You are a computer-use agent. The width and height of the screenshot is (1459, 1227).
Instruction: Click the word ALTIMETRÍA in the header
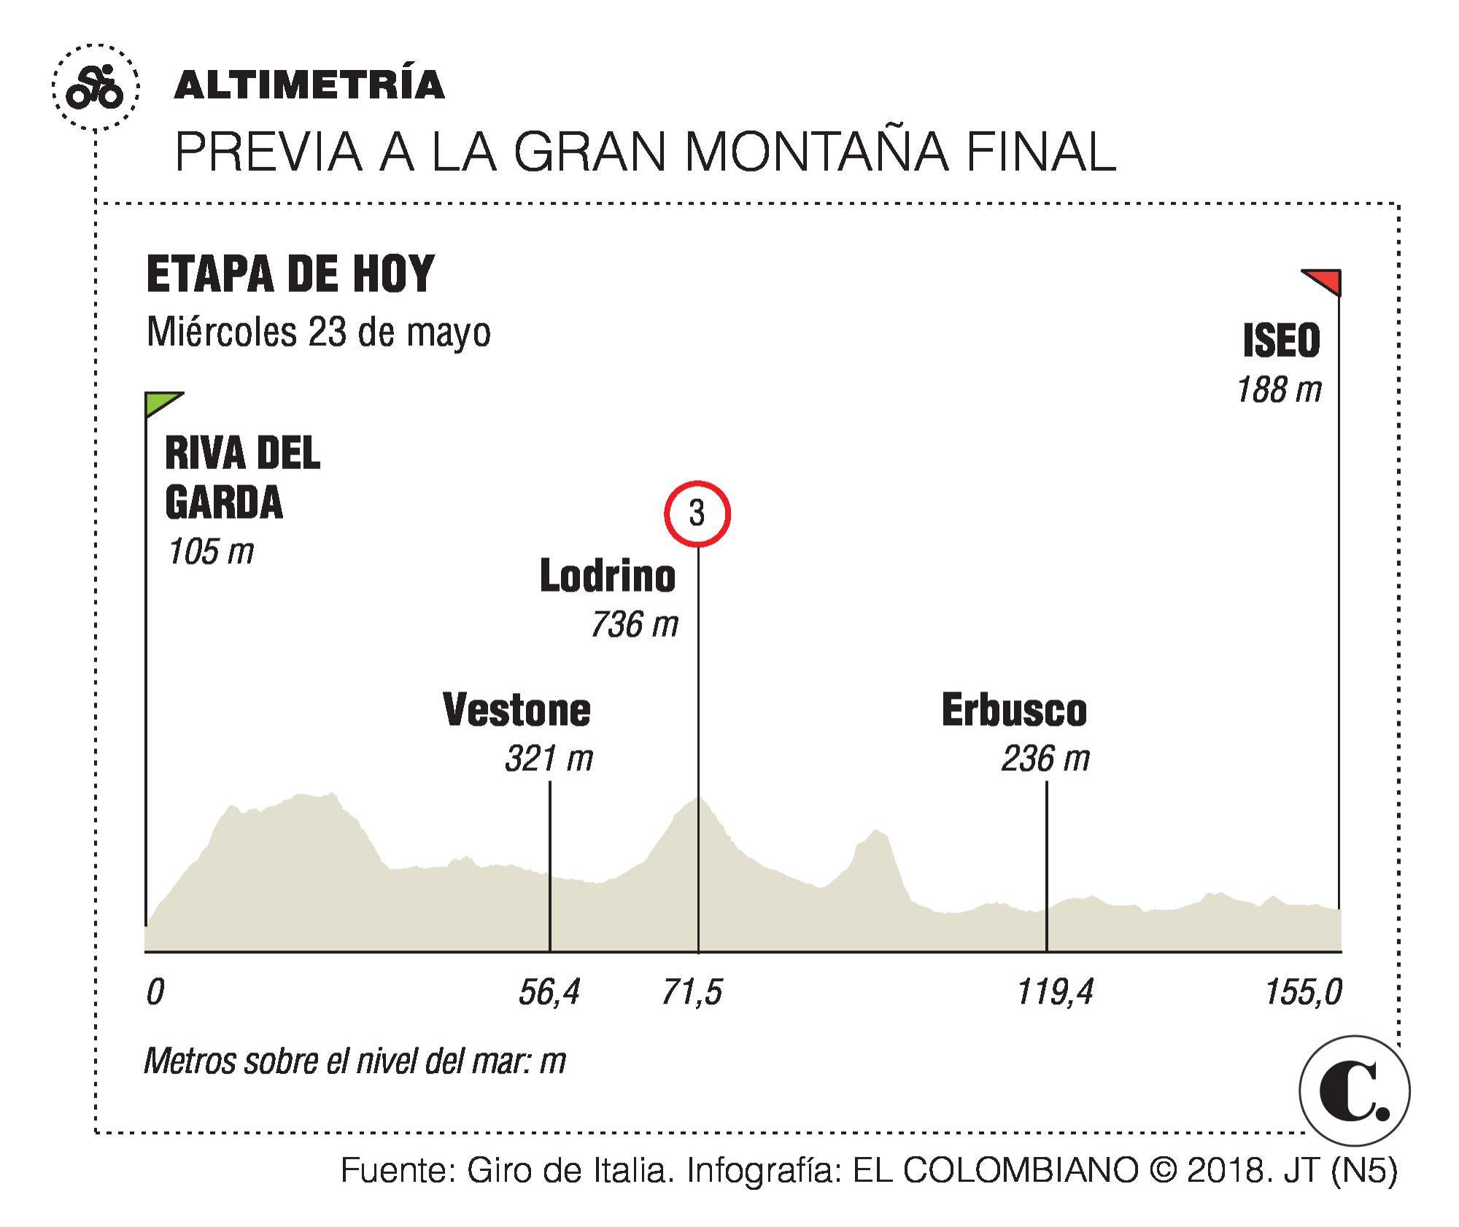point(309,85)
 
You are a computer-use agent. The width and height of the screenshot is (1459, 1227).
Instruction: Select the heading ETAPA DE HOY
point(290,274)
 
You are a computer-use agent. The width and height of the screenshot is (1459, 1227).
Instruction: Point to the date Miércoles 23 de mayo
point(319,333)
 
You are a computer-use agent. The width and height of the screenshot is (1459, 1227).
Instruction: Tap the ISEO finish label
point(1281,341)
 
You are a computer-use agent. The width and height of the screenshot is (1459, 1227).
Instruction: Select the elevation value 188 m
point(1279,390)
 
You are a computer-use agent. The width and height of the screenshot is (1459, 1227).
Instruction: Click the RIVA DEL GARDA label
point(241,478)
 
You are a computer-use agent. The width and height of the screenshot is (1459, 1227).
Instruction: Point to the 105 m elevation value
point(211,551)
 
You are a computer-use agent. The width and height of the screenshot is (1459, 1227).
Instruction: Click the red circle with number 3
point(697,514)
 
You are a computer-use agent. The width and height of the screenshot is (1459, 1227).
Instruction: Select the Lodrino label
point(608,576)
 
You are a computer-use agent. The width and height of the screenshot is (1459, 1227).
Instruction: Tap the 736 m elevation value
point(634,625)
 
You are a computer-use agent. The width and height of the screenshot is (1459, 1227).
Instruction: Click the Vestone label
point(516,710)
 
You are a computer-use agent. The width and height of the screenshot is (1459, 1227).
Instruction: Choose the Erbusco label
point(1014,710)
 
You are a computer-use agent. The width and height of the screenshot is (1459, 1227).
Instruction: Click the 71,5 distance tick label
point(692,993)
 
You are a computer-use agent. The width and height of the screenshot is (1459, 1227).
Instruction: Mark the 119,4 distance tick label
point(1055,993)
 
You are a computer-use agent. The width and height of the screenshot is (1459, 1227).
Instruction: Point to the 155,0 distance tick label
point(1303,993)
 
